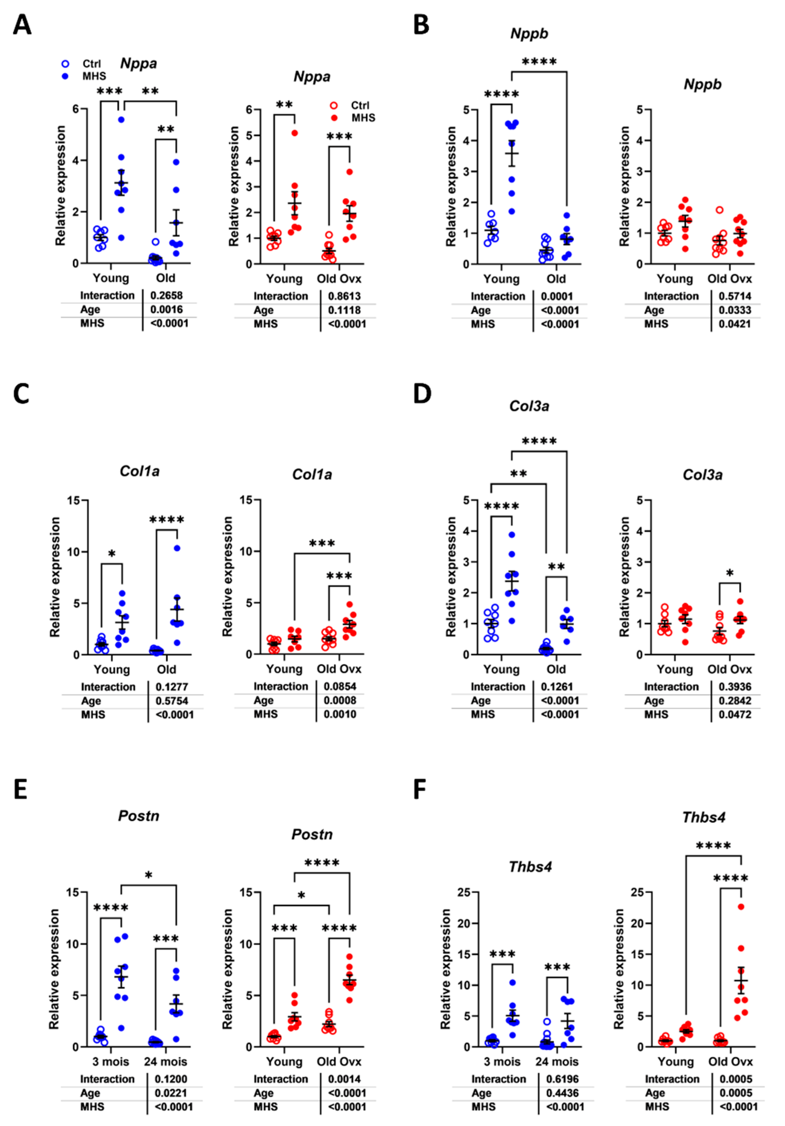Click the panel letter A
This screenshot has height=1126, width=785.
tap(22, 25)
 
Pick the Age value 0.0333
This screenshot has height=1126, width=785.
tap(735, 310)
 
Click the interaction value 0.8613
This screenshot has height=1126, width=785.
tap(344, 296)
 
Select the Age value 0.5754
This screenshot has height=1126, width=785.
tap(172, 701)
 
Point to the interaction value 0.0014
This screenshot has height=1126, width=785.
tap(344, 1079)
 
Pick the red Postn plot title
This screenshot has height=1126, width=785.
tap(312, 834)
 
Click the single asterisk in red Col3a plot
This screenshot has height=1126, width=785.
tap(730, 573)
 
